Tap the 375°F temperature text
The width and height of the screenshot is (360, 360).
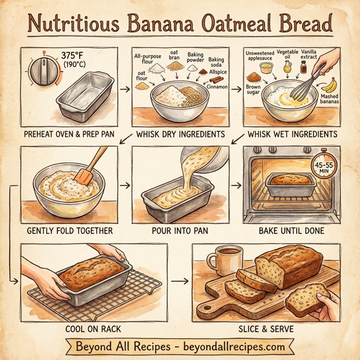tap(73, 56)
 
